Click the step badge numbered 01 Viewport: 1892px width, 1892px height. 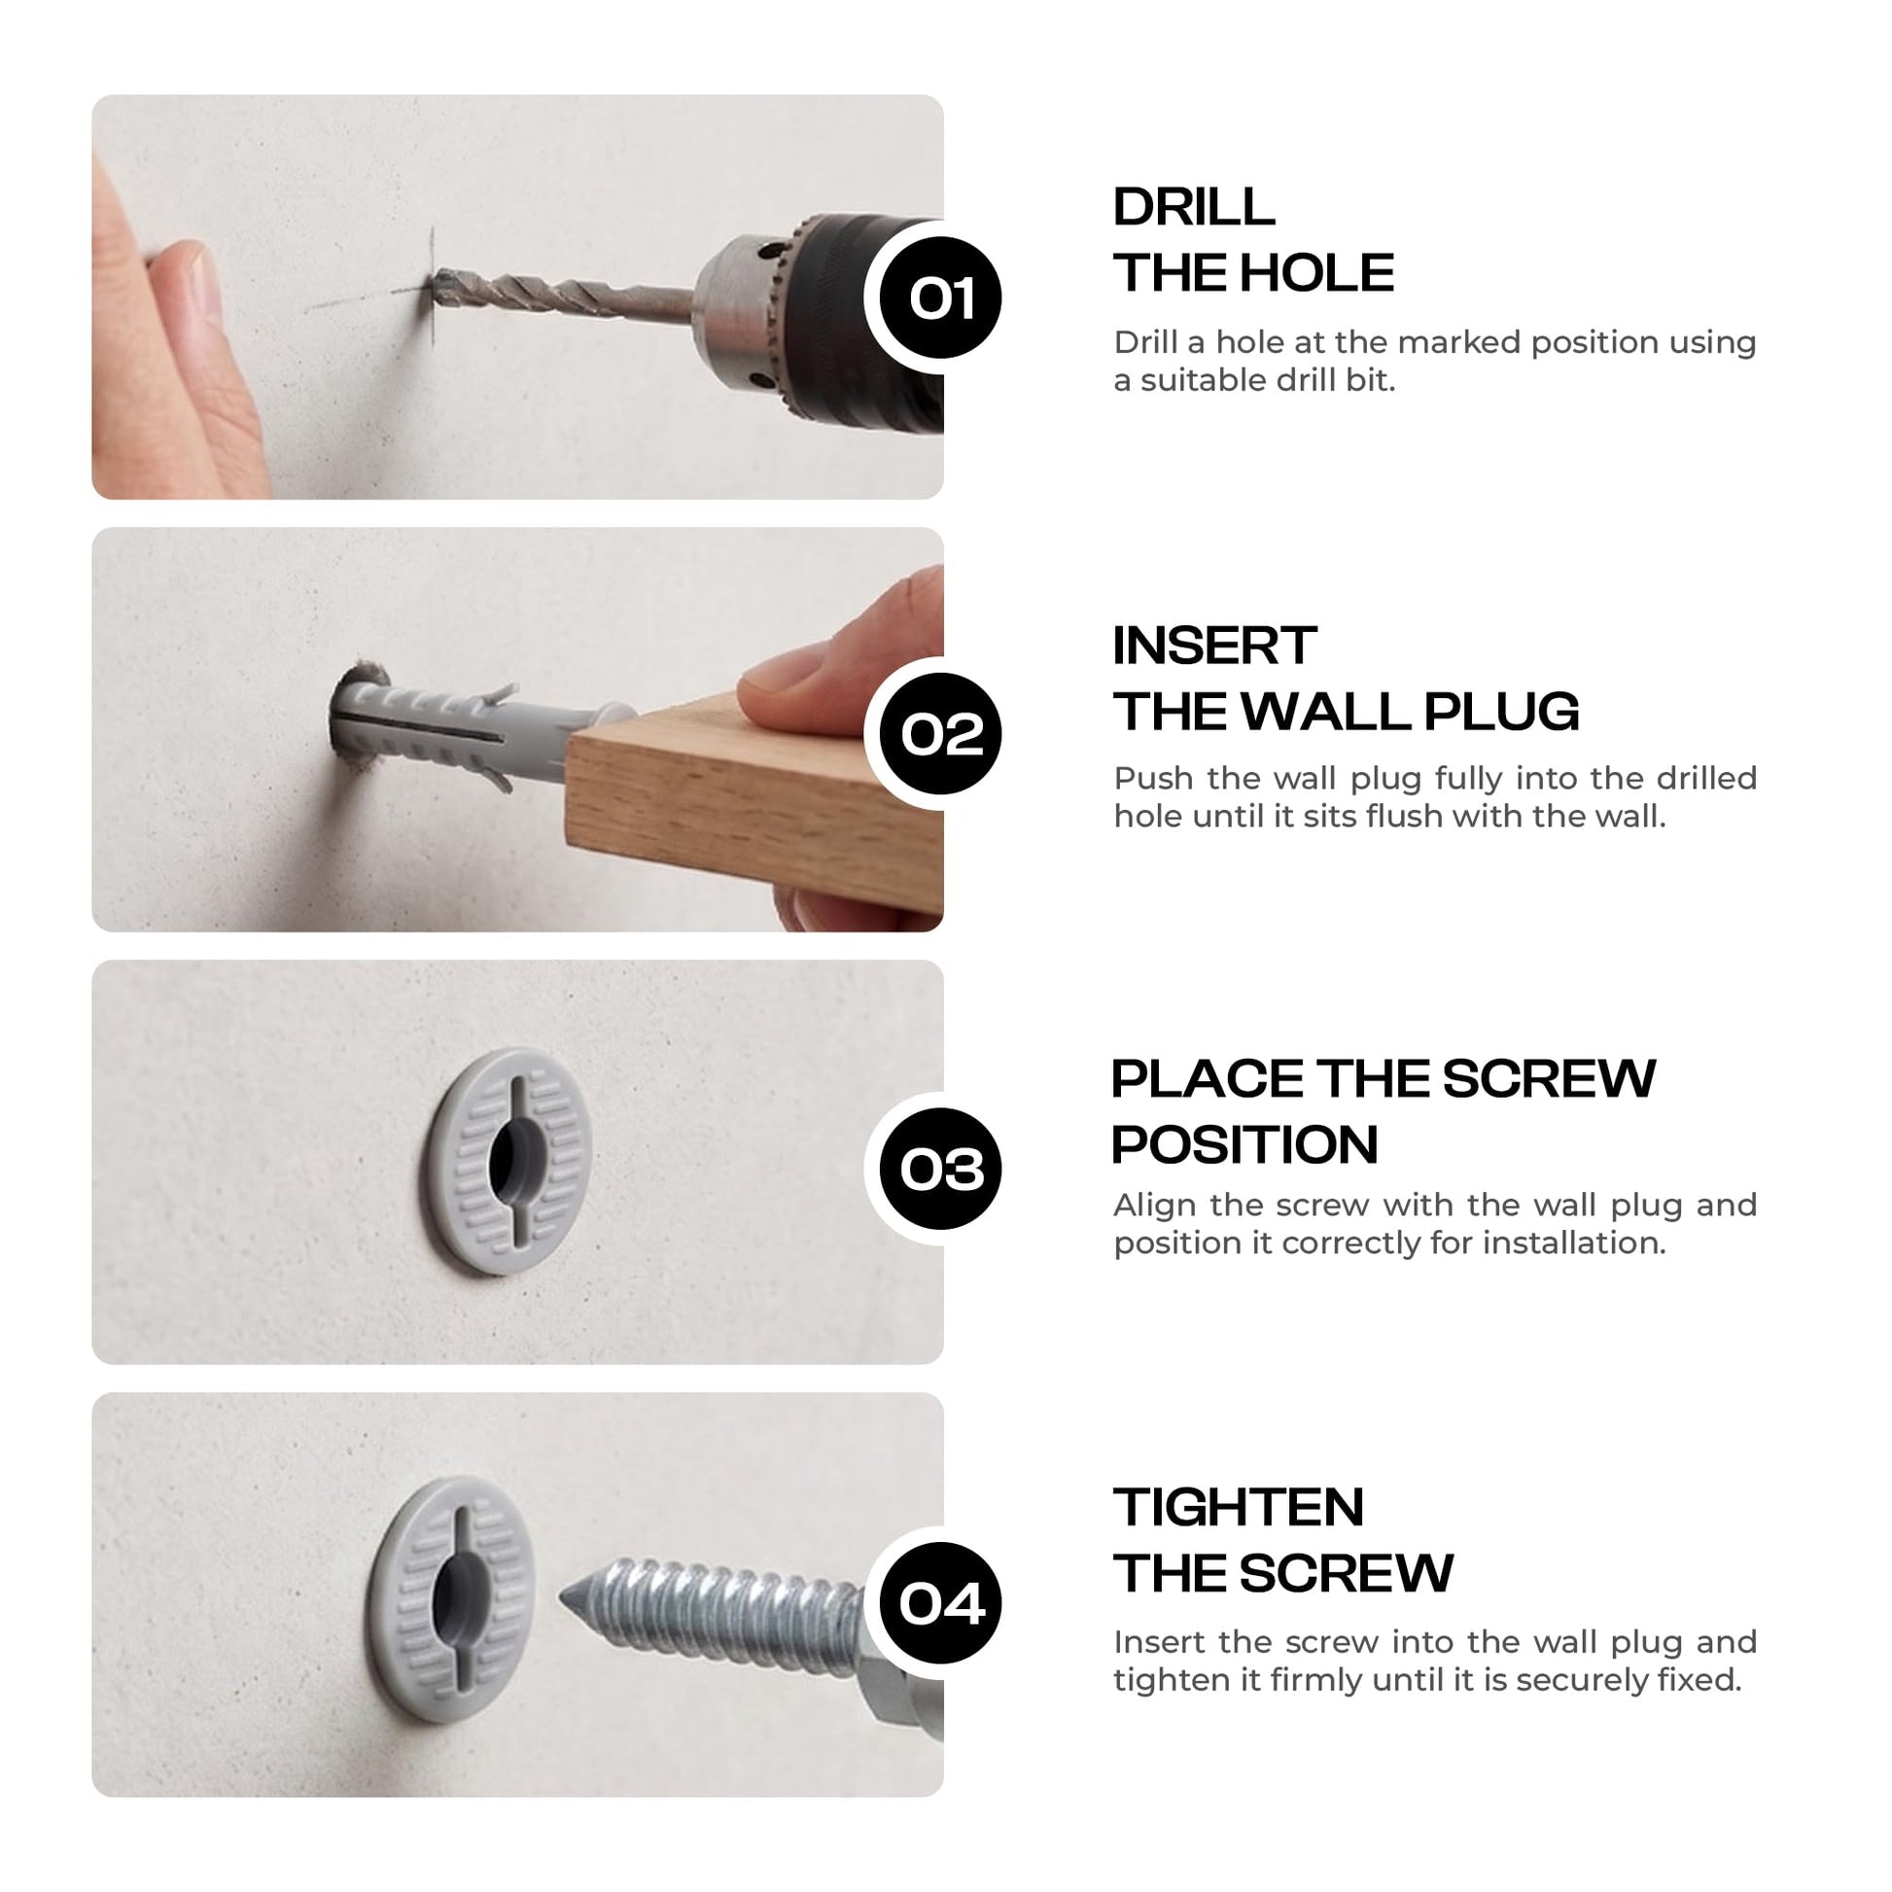[x=940, y=298]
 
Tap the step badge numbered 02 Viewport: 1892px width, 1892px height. [x=940, y=733]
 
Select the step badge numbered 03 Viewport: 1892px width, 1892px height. [x=940, y=1169]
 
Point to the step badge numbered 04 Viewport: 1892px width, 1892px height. [x=940, y=1603]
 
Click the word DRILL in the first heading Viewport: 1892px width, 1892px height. [x=1194, y=207]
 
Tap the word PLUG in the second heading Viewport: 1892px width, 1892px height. [x=1501, y=711]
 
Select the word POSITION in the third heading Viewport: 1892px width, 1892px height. [x=1244, y=1143]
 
